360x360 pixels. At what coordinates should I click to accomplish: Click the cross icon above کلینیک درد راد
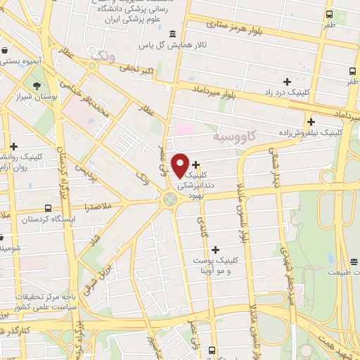287,82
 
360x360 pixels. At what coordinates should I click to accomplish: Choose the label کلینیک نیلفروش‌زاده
316,131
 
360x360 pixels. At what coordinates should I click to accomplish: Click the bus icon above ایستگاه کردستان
48,208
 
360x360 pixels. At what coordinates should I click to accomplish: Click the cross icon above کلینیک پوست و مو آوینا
215,250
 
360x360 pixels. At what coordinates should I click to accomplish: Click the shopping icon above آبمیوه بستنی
6,51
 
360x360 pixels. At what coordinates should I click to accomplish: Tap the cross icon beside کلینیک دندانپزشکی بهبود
195,164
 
